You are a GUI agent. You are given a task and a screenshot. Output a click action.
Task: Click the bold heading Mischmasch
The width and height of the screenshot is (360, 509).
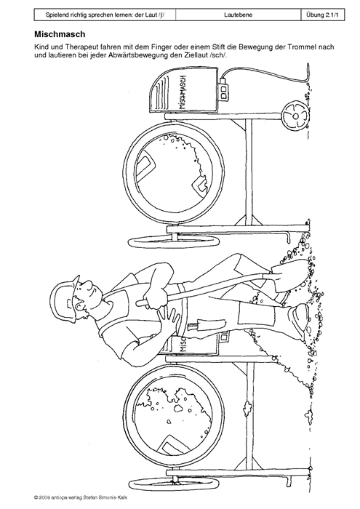click(60, 34)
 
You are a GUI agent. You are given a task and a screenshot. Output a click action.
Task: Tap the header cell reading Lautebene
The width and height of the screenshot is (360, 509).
click(238, 15)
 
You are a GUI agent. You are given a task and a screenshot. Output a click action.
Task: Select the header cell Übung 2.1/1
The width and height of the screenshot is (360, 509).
click(323, 15)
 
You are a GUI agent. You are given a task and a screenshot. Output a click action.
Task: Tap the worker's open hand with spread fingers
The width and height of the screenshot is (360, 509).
click(169, 319)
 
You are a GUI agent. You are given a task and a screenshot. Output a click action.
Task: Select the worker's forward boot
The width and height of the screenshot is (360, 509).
click(299, 321)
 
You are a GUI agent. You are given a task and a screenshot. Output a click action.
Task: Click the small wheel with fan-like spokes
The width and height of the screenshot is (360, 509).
click(295, 116)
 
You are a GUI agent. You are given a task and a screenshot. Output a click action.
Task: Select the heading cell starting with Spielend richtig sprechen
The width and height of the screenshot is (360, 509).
click(105, 15)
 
